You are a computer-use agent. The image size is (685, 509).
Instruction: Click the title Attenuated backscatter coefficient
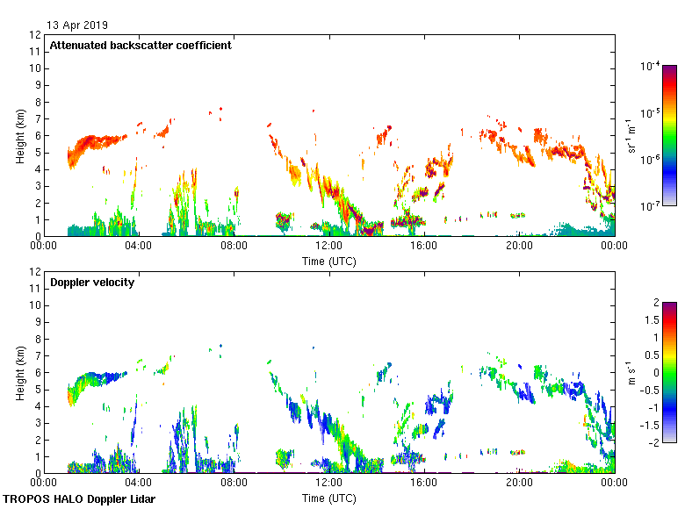[x=141, y=46]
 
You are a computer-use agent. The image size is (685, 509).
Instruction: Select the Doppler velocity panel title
[x=92, y=283]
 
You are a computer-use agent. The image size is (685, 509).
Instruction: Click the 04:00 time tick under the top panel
[x=139, y=247]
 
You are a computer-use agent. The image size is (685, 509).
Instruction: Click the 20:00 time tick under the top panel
[x=519, y=247]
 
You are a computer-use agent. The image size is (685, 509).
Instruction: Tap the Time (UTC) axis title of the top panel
[x=328, y=261]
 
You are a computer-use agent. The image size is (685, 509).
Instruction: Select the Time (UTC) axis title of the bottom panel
[x=328, y=498]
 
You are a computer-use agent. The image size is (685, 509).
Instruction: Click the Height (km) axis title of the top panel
[x=19, y=136]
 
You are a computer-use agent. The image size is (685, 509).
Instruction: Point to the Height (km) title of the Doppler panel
[x=19, y=373]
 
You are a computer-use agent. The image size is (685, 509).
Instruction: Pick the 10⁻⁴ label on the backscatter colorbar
[x=651, y=66]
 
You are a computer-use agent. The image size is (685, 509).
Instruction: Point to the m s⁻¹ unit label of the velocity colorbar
[x=631, y=372]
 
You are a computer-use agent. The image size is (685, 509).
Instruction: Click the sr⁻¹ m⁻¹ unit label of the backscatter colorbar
[x=631, y=136]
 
